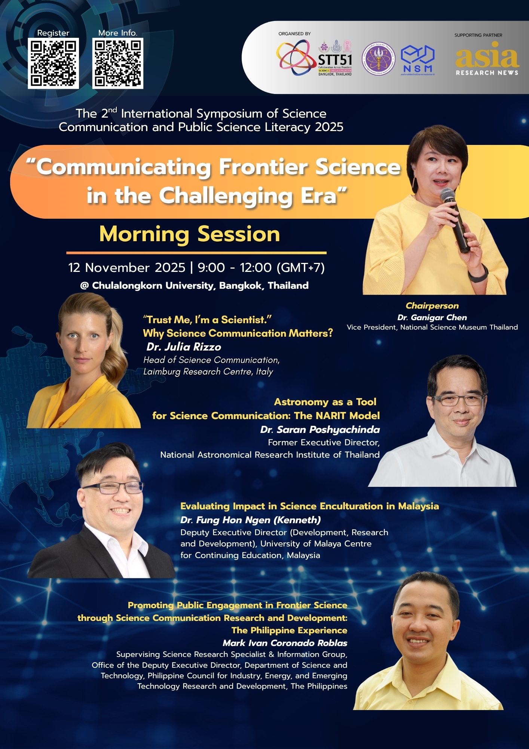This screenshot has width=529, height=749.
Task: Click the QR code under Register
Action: coord(53,63)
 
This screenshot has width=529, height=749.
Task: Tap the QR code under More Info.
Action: coord(118,63)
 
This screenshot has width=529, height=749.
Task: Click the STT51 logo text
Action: coord(335,60)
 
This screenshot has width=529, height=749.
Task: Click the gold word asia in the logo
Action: coord(487,56)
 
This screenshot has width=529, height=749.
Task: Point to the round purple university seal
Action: coord(379,58)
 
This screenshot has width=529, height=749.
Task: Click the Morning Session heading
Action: coord(190,234)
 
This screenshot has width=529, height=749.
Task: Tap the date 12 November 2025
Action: coord(126,267)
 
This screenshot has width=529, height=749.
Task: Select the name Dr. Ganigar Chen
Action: coord(432,317)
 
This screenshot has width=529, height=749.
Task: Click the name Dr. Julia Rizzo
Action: coord(184,347)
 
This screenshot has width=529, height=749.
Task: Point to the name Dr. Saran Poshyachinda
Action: coord(320,430)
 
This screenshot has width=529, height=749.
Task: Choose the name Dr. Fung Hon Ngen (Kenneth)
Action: coord(250,520)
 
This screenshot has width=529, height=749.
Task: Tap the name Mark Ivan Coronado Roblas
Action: coord(285,643)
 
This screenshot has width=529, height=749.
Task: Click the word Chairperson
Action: coord(432,306)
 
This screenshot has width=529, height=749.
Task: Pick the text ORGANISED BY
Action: coord(294,34)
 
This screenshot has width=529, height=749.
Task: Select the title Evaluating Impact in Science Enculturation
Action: coord(309,506)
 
